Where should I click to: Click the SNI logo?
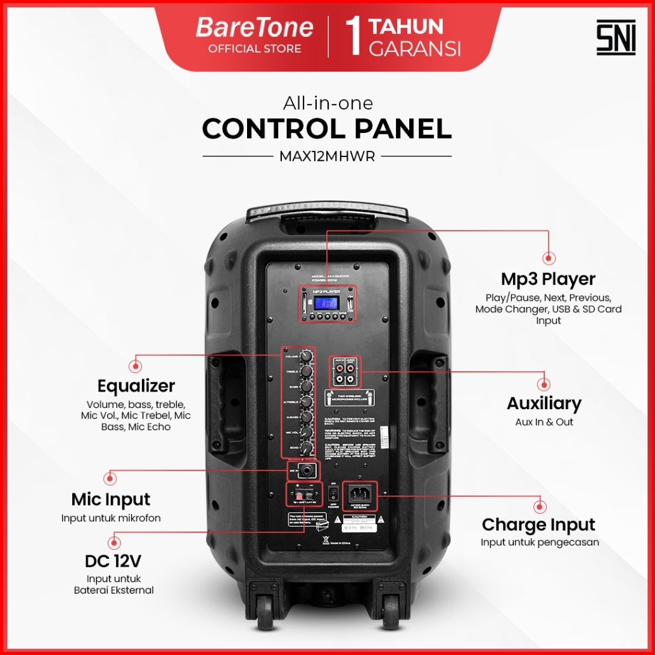[x=615, y=38]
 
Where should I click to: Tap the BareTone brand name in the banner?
[x=254, y=28]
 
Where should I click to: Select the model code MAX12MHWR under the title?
[x=327, y=156]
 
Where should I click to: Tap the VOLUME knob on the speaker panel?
[x=308, y=357]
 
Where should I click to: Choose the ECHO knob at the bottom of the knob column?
[x=308, y=448]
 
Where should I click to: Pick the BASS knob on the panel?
[x=307, y=386]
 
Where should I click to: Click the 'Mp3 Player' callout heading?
[x=548, y=279]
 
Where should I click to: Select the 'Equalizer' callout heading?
[x=136, y=386]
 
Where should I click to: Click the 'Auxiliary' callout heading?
[x=544, y=404]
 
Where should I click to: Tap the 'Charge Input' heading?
[x=538, y=525]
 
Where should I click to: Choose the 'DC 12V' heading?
[x=113, y=561]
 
